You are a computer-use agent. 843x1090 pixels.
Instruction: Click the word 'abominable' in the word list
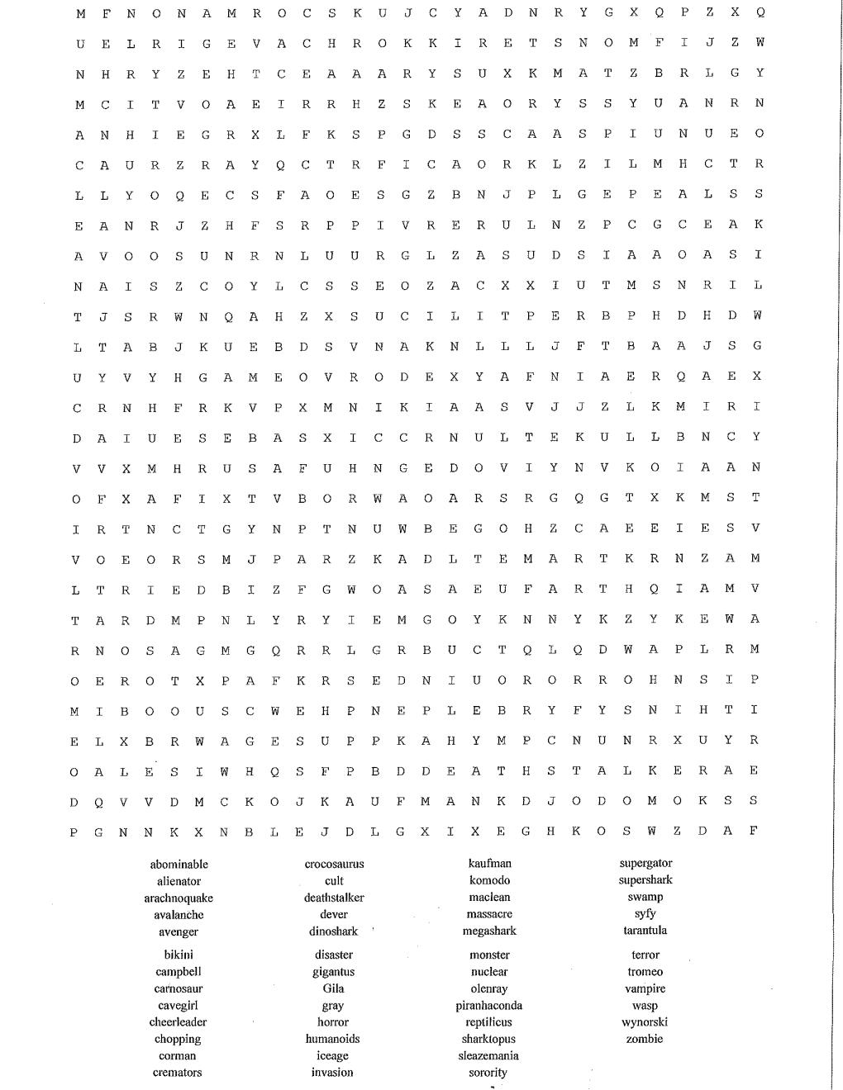click(x=179, y=865)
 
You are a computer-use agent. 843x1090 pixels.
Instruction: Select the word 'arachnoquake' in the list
click(x=179, y=898)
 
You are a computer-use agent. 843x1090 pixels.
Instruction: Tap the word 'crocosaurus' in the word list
click(x=334, y=865)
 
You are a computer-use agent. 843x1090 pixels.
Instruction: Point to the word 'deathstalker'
click(x=334, y=898)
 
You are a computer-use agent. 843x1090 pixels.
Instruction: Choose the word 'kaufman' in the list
click(x=489, y=864)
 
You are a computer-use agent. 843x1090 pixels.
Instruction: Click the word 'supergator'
click(x=645, y=864)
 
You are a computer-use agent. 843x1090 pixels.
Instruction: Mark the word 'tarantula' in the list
click(x=645, y=931)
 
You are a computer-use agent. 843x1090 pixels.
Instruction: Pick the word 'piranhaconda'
click(x=488, y=1006)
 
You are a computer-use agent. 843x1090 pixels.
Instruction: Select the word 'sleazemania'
click(x=488, y=1056)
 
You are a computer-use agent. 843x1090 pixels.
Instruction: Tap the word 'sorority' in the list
click(x=488, y=1073)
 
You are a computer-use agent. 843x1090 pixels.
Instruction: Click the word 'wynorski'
click(x=645, y=1022)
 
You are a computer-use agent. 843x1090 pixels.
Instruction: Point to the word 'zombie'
click(x=645, y=1039)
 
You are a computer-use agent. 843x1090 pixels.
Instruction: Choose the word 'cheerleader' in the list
click(x=178, y=1022)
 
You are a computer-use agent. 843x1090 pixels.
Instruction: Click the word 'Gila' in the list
click(x=334, y=988)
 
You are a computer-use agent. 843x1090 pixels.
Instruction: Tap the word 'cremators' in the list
click(x=177, y=1073)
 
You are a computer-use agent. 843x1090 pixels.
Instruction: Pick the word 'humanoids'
click(x=333, y=1039)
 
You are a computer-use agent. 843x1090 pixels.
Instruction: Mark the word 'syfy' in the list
click(x=645, y=914)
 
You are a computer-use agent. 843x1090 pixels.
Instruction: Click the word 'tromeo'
click(x=645, y=972)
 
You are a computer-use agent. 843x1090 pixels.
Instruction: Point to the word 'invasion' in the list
click(x=332, y=1073)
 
